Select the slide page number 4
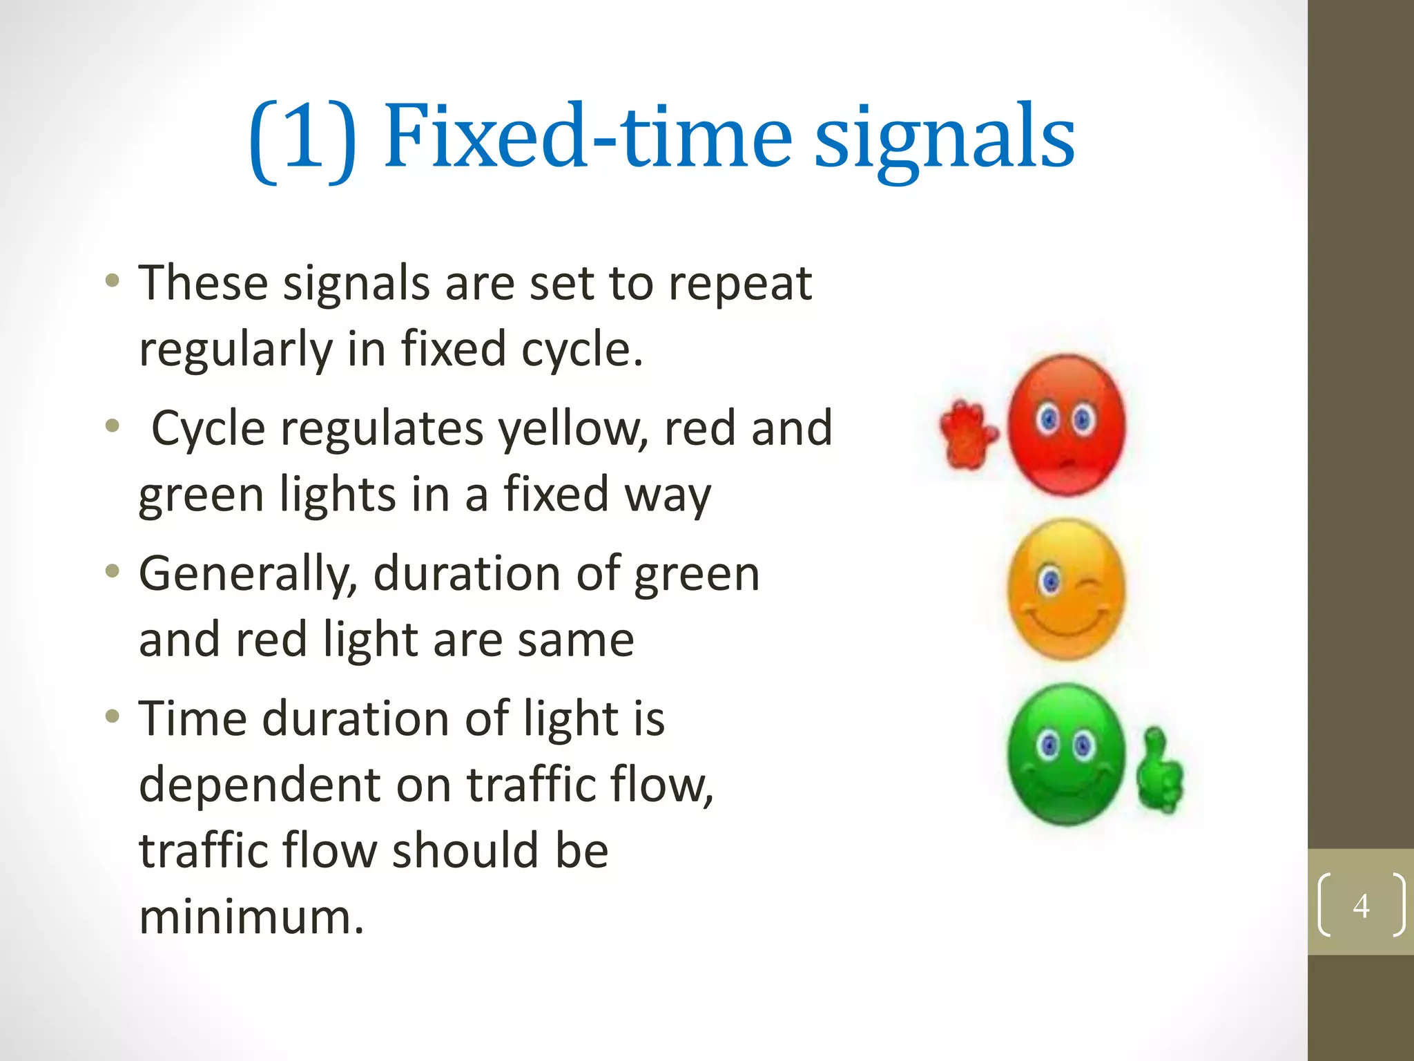point(1361,905)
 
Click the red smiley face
point(1067,425)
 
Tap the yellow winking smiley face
point(1067,589)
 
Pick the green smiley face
point(1067,754)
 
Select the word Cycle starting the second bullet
point(208,428)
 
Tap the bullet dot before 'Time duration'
point(113,717)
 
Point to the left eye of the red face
point(1049,419)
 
